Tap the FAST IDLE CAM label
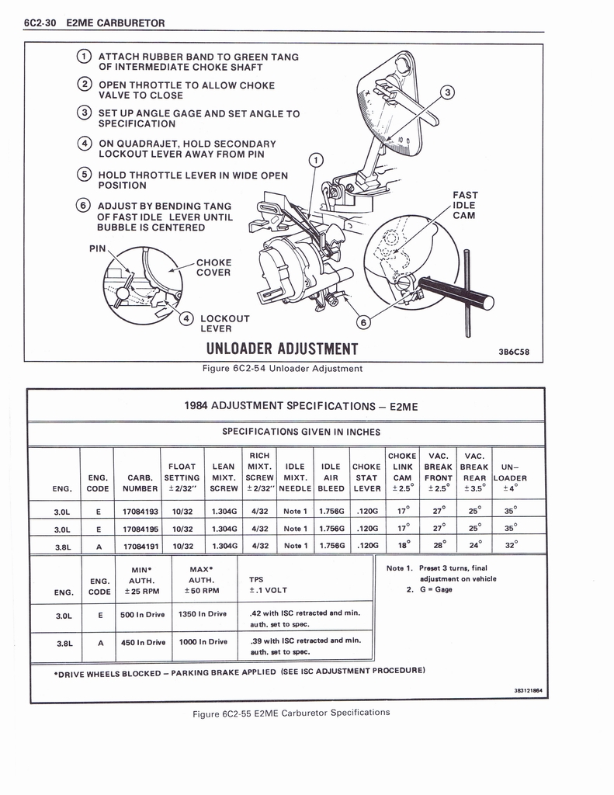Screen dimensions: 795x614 click(465, 205)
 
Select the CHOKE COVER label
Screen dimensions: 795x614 click(213, 268)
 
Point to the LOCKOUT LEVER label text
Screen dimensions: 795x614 click(224, 324)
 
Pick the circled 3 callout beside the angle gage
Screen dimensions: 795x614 click(446, 93)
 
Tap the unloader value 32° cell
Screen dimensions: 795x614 click(509, 545)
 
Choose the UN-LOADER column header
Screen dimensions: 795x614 click(509, 473)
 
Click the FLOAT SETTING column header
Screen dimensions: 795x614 click(182, 473)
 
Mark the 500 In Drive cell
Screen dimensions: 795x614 click(142, 613)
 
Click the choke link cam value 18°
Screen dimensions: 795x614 click(402, 545)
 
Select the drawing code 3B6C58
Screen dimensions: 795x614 click(513, 351)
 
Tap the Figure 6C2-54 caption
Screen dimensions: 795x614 click(283, 369)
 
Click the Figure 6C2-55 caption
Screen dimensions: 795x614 click(291, 713)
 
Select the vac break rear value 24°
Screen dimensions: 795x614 click(474, 545)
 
